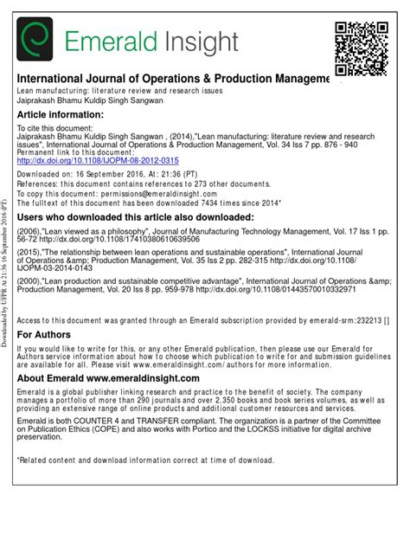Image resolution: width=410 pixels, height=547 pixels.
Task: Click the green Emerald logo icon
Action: (x=35, y=39)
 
